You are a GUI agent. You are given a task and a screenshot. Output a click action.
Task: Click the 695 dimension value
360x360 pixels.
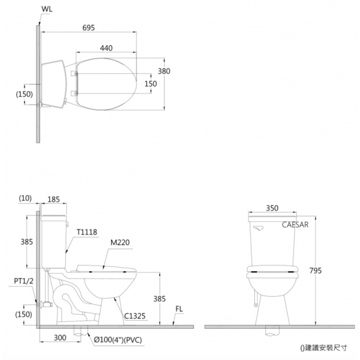(88, 28)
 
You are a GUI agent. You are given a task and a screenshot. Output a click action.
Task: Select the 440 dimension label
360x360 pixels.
(106, 48)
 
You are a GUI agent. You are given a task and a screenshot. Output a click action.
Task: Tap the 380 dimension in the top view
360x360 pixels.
(164, 71)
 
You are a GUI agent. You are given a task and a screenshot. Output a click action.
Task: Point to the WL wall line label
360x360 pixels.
(47, 9)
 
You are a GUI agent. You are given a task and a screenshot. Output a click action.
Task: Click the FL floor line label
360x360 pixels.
(179, 309)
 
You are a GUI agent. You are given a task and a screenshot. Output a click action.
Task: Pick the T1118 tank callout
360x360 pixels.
(87, 232)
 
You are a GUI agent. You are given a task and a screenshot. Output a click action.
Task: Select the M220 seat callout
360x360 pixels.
(120, 243)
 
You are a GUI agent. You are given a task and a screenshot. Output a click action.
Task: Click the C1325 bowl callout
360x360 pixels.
(135, 316)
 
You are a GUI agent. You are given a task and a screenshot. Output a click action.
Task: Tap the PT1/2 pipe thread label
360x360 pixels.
(24, 281)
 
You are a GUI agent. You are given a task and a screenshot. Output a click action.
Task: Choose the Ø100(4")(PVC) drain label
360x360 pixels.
(118, 340)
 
